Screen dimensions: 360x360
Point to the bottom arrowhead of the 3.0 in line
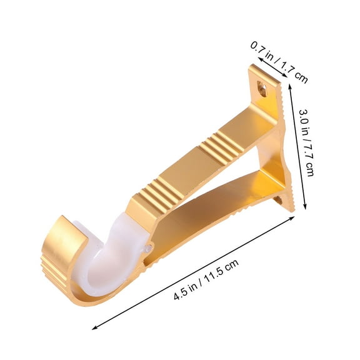pos(306,209)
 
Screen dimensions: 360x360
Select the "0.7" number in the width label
pos(258,49)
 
